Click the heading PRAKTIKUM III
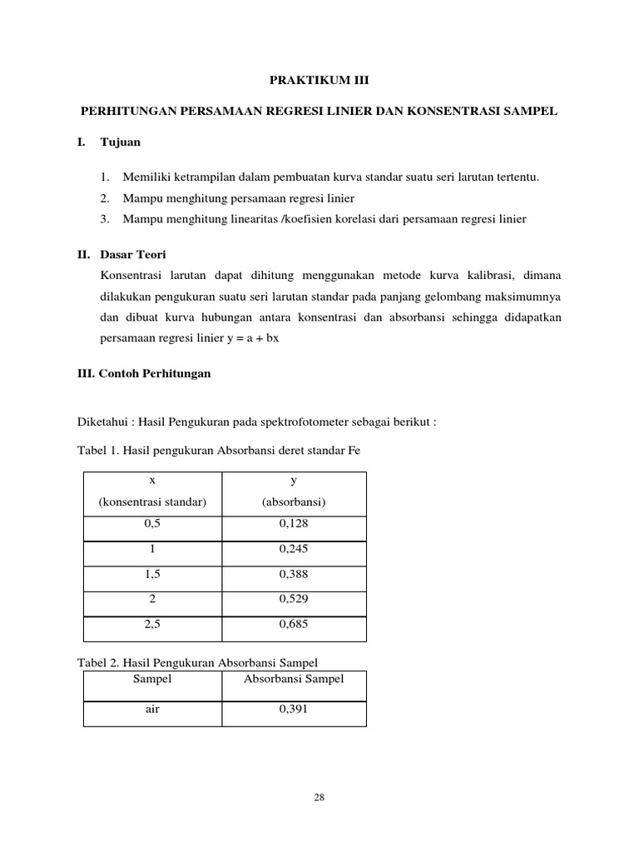click(x=319, y=81)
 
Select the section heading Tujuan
click(x=121, y=142)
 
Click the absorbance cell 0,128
click(x=294, y=526)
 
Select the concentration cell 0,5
click(x=152, y=526)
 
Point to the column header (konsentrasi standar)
click(x=152, y=502)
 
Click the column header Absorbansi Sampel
click(x=294, y=680)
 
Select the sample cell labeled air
click(x=152, y=711)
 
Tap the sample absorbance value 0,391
click(x=294, y=711)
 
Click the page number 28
click(x=319, y=797)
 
